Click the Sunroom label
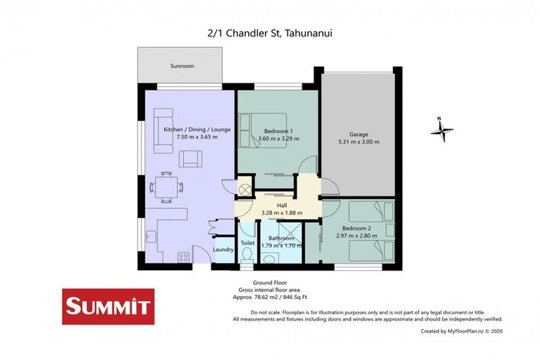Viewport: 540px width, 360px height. (x=181, y=66)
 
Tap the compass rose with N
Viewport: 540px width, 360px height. (x=442, y=129)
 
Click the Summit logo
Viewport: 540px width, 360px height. (x=108, y=306)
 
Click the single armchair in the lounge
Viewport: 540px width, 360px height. (x=190, y=159)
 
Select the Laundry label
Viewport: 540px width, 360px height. (x=224, y=250)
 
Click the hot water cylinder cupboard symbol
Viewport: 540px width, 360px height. (x=245, y=189)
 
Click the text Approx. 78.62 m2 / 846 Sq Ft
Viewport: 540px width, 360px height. (x=270, y=297)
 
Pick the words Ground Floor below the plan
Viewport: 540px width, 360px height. (x=270, y=283)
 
